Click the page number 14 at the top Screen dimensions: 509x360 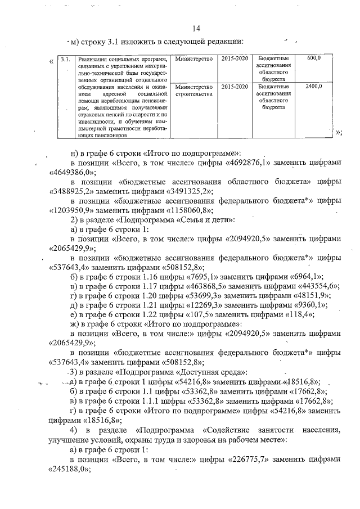pos(195,28)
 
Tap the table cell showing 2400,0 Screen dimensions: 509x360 pos(314,87)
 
